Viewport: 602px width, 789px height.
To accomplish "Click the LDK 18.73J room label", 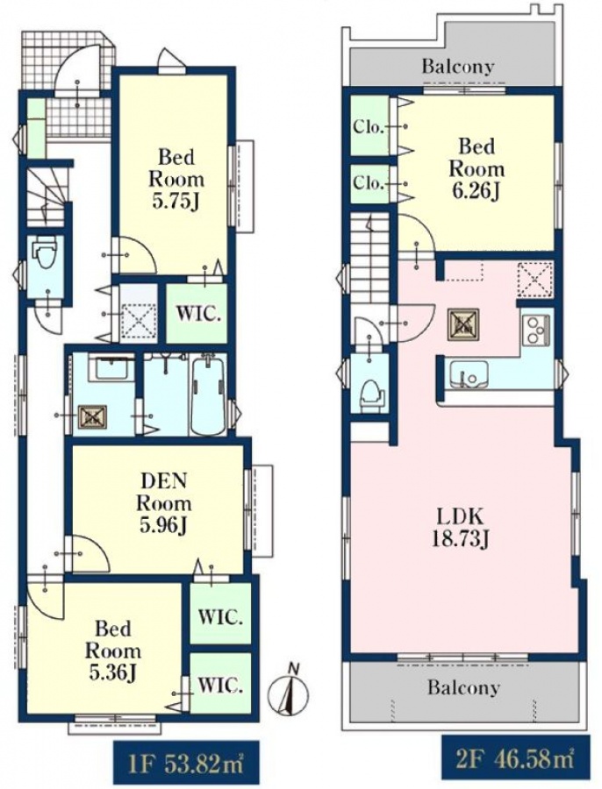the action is click(x=460, y=529).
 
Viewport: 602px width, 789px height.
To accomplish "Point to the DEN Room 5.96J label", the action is click(x=164, y=504).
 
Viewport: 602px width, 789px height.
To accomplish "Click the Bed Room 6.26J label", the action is click(x=477, y=169).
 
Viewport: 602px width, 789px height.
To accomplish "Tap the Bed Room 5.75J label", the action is click(x=176, y=179).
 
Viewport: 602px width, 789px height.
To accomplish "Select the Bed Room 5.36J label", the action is click(x=112, y=651).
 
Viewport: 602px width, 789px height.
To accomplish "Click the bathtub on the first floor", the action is click(x=209, y=394).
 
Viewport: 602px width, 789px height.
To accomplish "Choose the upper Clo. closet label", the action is click(x=369, y=127).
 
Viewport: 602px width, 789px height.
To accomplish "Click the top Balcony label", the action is click(x=458, y=66).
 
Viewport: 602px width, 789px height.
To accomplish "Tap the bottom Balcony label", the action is click(x=463, y=687).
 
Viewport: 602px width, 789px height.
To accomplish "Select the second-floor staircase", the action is click(x=371, y=259).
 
